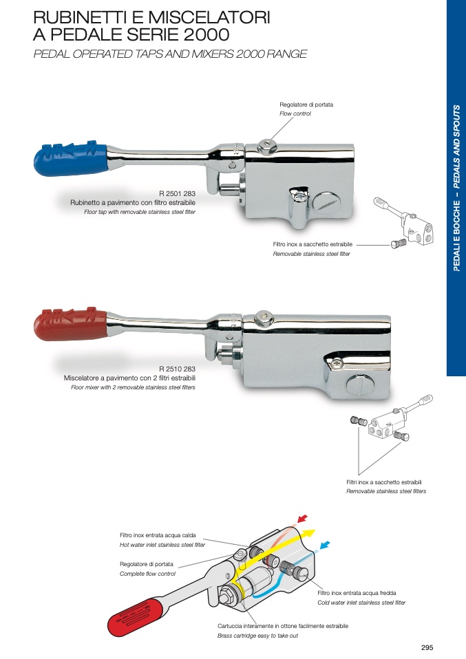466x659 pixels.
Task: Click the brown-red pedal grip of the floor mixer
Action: (70, 324)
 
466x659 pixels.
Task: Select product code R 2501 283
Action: (177, 194)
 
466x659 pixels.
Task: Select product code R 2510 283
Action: (177, 369)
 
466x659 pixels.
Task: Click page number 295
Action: (427, 648)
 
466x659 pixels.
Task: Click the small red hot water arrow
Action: (302, 519)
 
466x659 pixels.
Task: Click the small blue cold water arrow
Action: (324, 545)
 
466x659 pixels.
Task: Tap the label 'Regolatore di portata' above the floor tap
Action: (306, 105)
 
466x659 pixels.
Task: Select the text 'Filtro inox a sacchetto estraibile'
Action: (313, 244)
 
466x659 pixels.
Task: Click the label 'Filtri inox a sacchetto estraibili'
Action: (383, 482)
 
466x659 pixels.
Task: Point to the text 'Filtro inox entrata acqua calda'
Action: (158, 535)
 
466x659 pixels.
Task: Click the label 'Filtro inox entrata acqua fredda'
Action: (357, 593)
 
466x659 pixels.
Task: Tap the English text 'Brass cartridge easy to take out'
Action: (257, 636)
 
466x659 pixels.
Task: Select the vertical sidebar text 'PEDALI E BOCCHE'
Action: (457, 235)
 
